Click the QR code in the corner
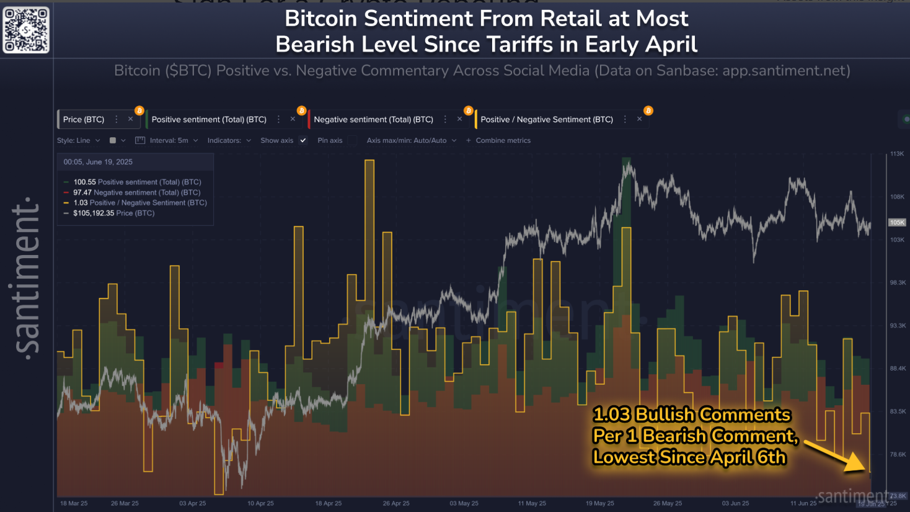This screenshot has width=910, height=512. point(26,30)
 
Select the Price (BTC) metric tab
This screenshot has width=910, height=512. point(84,119)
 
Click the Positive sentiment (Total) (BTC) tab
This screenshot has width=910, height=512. point(209,119)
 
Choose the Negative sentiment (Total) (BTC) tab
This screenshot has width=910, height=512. point(373,119)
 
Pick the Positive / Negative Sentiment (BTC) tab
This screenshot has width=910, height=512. point(546,119)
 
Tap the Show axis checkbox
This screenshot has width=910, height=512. point(303,140)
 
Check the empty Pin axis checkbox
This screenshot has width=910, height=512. point(352,140)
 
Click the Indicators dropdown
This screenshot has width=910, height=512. point(229,140)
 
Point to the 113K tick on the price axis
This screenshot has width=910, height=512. point(897,153)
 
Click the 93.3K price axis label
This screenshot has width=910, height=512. point(898,325)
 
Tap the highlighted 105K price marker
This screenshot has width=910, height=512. point(897,222)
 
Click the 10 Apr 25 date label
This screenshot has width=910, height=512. point(260,503)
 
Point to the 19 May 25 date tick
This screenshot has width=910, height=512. point(600,503)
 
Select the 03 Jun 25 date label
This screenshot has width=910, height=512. point(735,503)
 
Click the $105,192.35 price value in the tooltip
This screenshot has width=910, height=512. point(94,213)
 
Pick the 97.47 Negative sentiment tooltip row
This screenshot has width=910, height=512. point(136,192)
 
